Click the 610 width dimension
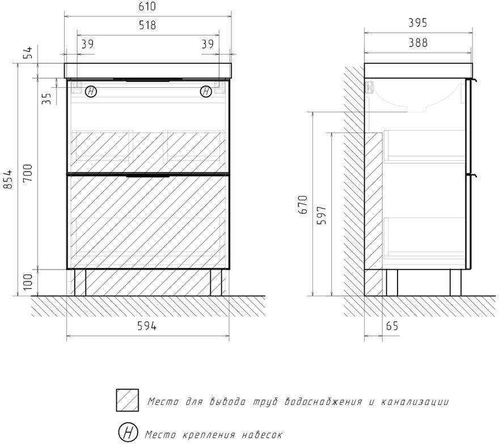pos(147,6)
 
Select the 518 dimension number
pos(147,25)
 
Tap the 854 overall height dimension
pos(7,179)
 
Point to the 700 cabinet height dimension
pos(28,173)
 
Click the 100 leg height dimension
pos(28,281)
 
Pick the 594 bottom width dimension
pos(147,326)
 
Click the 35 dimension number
pos(46,98)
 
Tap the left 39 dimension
pos(87,44)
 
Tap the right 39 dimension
pos(208,44)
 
